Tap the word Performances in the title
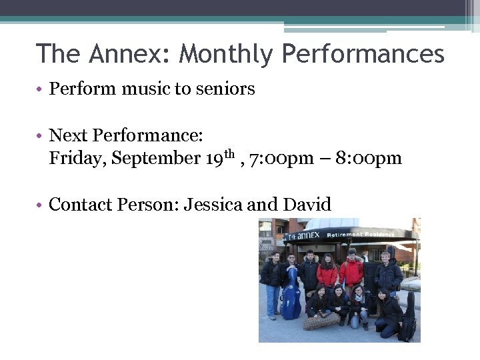click(x=363, y=53)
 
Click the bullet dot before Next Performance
click(x=41, y=136)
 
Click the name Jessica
click(x=213, y=204)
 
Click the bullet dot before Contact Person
click(x=41, y=204)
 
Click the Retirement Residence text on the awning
click(x=369, y=235)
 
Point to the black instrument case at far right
click(x=408, y=317)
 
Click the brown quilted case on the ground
click(x=321, y=322)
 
